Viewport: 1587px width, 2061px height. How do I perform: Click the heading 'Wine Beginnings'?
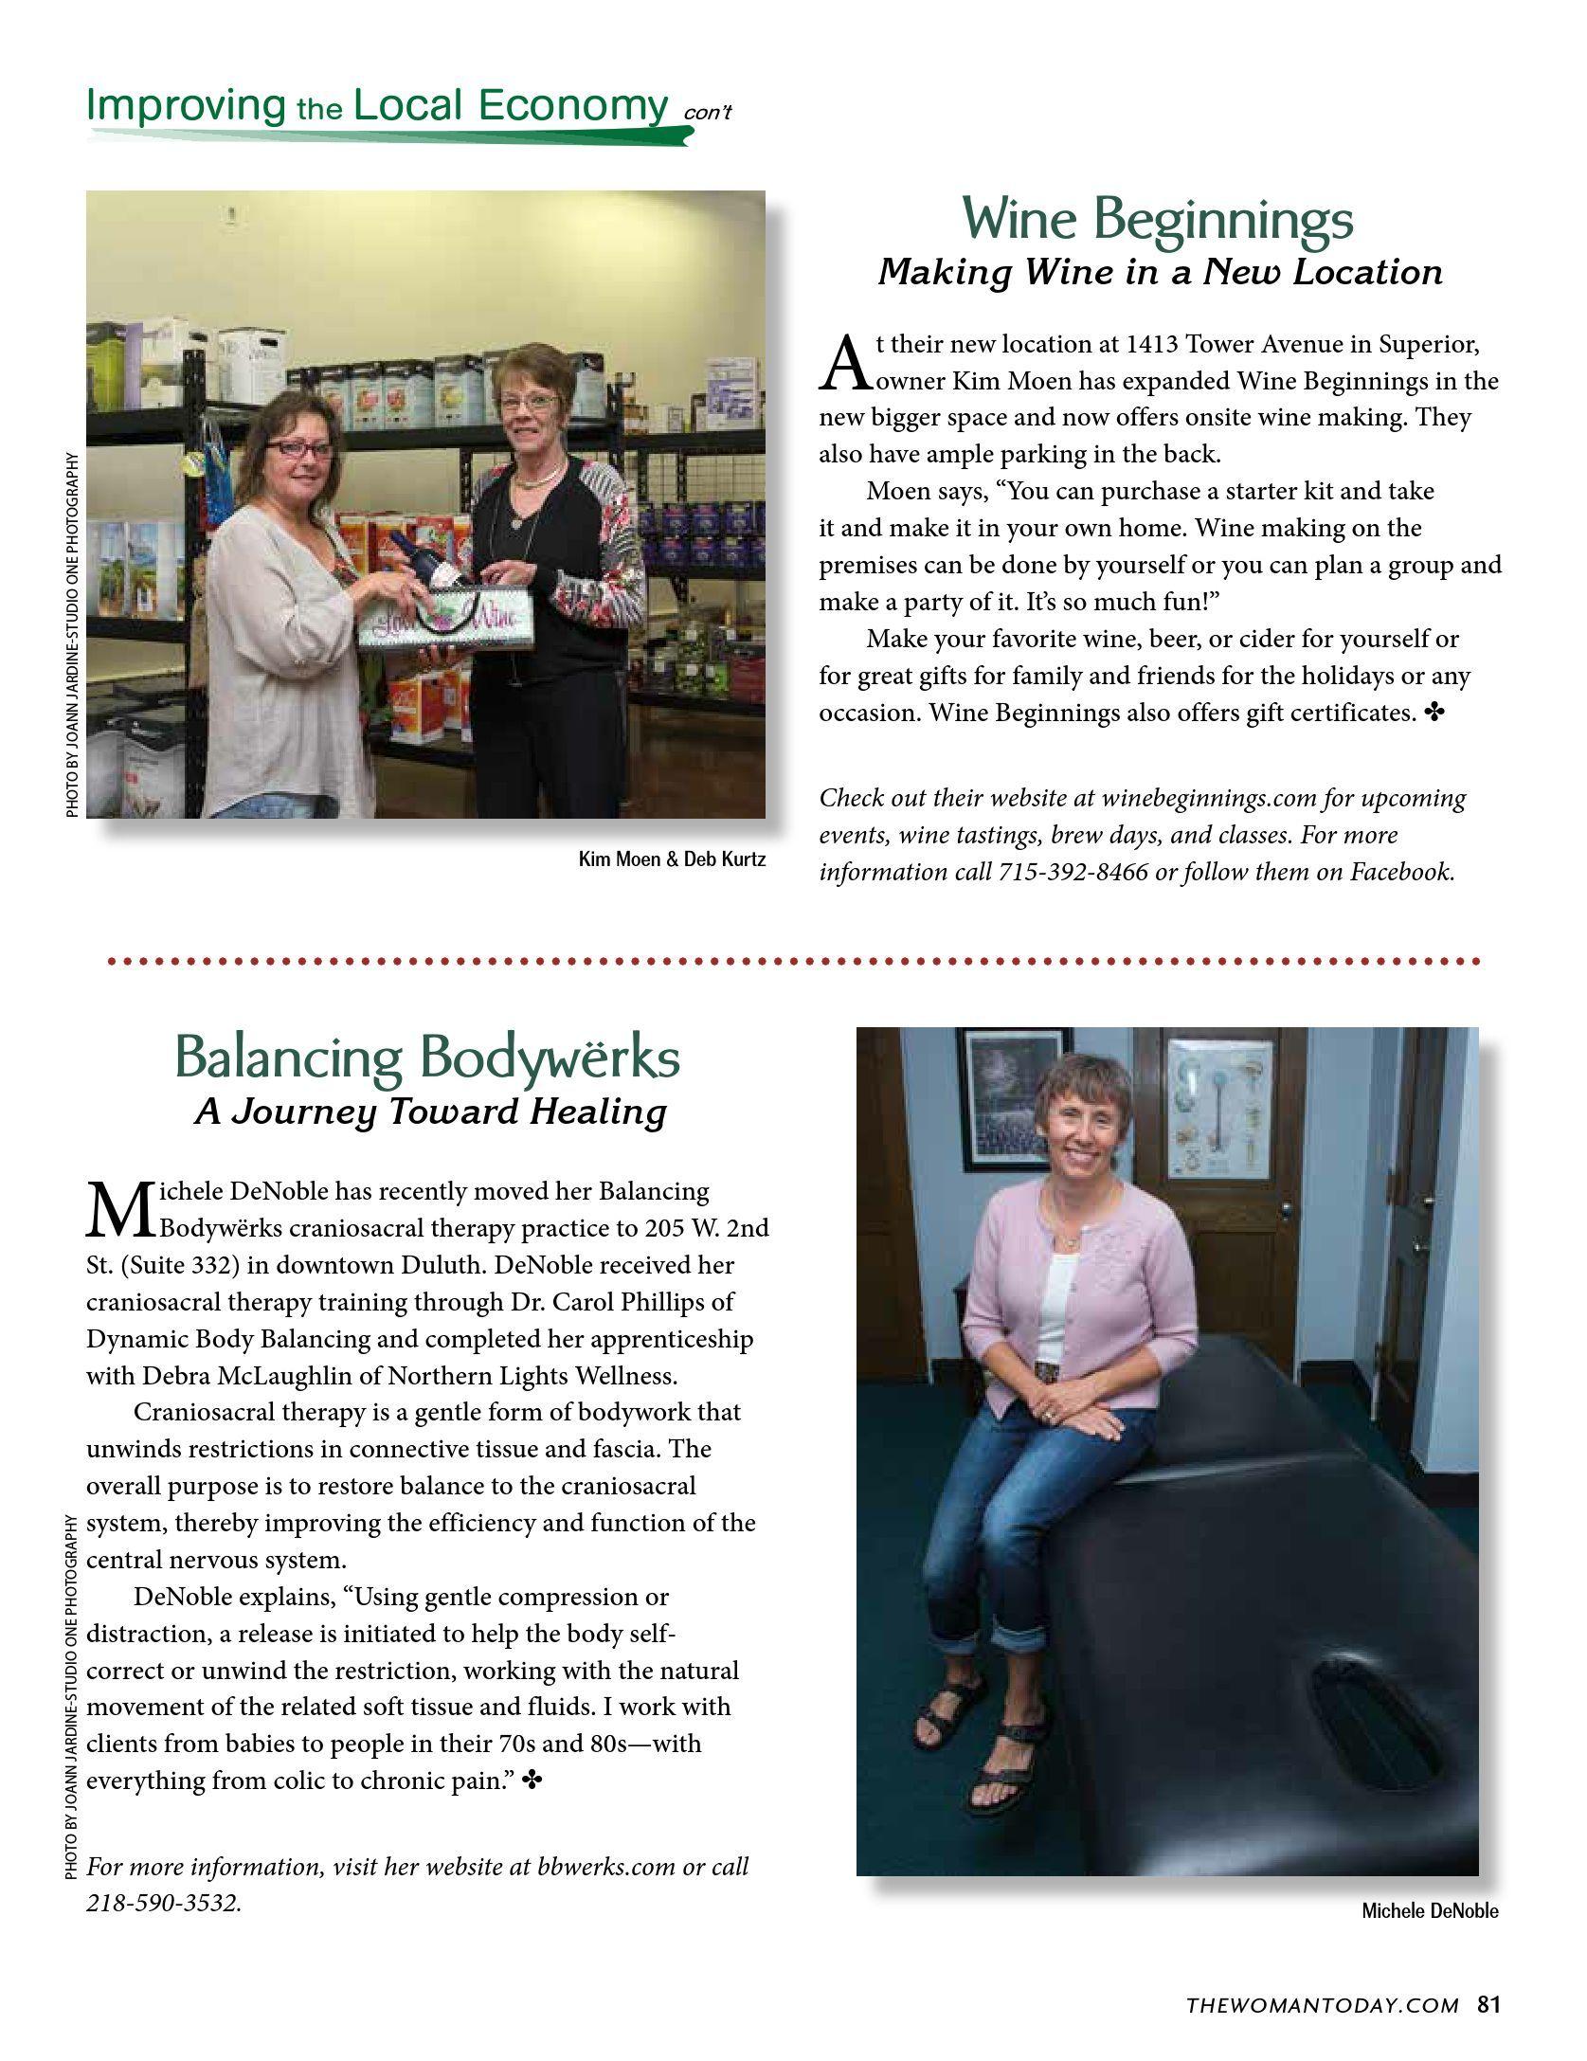coord(1158,219)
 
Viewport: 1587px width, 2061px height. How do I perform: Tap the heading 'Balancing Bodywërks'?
coord(427,1058)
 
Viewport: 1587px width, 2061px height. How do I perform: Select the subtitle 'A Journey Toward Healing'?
coord(431,1112)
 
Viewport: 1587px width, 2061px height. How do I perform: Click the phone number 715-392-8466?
coord(1073,872)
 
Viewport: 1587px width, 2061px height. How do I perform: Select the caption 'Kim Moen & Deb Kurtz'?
coord(672,860)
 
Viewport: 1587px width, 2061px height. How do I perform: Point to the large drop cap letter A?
coord(842,364)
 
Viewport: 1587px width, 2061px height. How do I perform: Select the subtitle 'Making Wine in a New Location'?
coord(1160,273)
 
